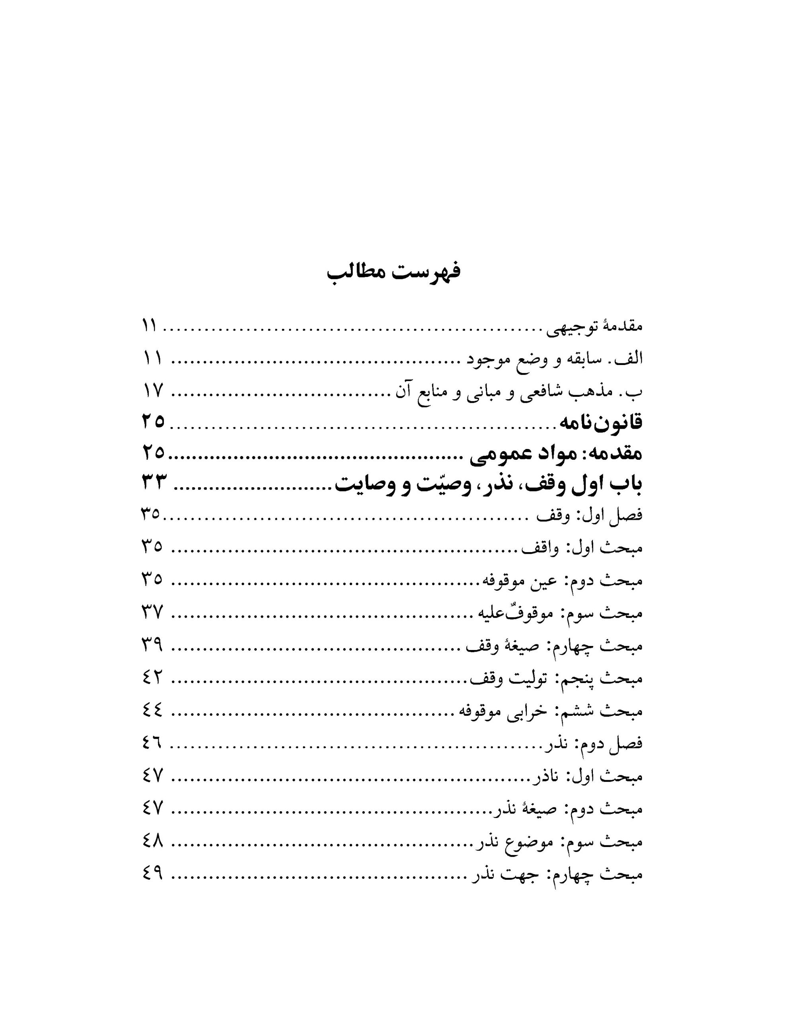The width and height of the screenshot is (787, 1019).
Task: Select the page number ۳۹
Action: click(x=152, y=645)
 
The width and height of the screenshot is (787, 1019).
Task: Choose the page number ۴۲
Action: click(x=152, y=677)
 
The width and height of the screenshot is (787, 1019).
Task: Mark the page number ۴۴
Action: click(x=152, y=711)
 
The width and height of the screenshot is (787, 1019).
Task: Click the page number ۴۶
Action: click(x=152, y=743)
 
